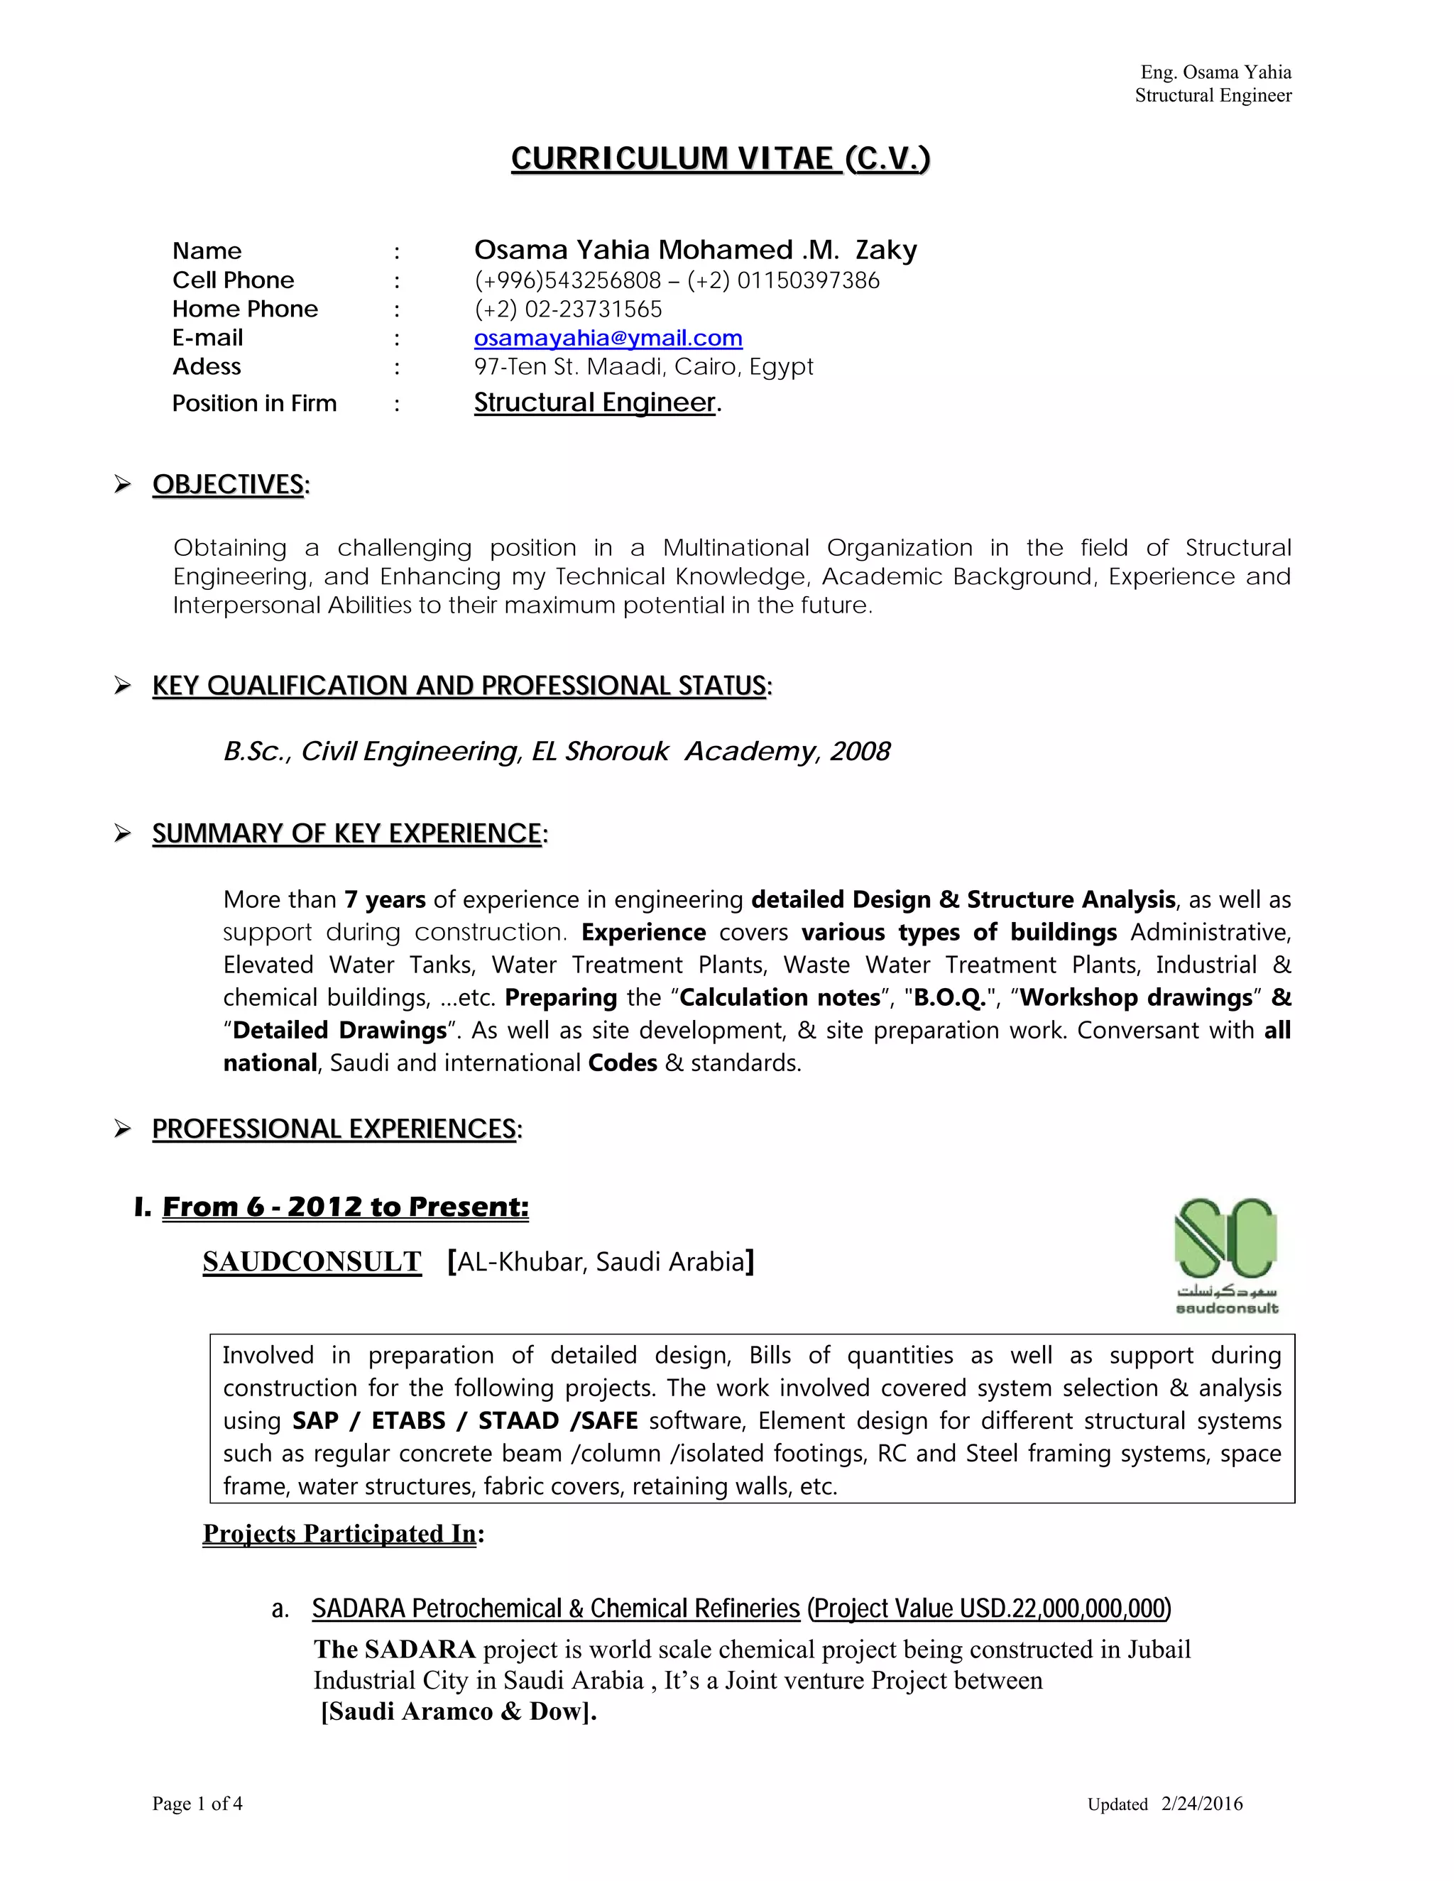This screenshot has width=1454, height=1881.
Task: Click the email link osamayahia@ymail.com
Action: [x=608, y=338]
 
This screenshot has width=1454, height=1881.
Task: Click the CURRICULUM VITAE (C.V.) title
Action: [x=720, y=158]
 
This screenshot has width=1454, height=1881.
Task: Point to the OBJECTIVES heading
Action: [x=229, y=484]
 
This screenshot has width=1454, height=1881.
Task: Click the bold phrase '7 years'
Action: [x=385, y=900]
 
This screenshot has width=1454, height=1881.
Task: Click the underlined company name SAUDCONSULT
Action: [x=312, y=1262]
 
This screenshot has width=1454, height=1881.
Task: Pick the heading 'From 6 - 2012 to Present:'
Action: [x=344, y=1207]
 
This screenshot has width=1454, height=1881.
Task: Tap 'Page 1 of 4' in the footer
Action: [x=197, y=1804]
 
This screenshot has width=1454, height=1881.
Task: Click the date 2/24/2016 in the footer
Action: [x=1202, y=1804]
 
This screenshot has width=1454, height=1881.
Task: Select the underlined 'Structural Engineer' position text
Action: [x=594, y=402]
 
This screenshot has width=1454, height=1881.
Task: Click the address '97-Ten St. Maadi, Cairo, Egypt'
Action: [x=643, y=367]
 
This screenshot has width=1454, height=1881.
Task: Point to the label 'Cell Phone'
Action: [x=233, y=280]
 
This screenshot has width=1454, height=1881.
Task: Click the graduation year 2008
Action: [x=860, y=752]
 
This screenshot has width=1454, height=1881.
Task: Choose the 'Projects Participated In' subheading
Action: [x=339, y=1534]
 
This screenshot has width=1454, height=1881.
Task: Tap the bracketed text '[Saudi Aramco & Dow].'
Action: [x=458, y=1711]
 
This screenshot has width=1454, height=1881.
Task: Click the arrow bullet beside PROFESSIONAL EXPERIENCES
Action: [x=122, y=1129]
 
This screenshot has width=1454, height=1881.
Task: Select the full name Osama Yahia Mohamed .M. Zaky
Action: [x=695, y=250]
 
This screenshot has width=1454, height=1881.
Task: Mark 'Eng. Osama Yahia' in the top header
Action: [x=1215, y=72]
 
